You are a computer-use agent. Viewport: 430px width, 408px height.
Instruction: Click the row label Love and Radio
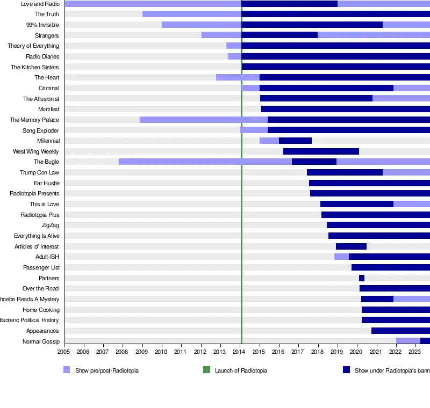(40, 4)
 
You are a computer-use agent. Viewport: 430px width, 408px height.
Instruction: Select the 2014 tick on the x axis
(239, 352)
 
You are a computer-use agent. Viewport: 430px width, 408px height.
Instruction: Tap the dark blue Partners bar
(362, 278)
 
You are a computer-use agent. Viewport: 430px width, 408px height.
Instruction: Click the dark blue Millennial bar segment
(295, 141)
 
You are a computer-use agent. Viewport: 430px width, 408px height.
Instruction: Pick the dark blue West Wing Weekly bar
(321, 151)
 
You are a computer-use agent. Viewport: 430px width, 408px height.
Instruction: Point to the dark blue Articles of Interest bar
(351, 246)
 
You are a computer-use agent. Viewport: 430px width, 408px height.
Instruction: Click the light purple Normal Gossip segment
(408, 341)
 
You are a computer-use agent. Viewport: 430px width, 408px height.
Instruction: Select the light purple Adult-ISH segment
(341, 257)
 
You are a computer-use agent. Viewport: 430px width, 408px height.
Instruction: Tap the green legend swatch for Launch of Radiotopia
(206, 370)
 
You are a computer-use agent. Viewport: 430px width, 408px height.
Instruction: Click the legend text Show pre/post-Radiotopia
(107, 370)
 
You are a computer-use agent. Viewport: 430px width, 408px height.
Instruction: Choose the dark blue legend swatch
(346, 370)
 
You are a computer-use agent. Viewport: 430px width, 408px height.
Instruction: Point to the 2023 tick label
(414, 352)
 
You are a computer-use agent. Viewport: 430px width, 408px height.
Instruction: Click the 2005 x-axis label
(64, 352)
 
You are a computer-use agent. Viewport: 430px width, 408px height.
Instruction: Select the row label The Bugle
(46, 162)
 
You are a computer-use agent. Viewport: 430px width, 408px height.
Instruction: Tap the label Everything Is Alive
(37, 236)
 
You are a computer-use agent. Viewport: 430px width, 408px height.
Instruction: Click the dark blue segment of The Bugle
(314, 162)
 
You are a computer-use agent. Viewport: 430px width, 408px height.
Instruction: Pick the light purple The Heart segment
(238, 77)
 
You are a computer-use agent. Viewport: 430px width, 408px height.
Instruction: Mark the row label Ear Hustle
(46, 183)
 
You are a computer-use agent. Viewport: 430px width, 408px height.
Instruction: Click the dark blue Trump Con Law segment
(345, 172)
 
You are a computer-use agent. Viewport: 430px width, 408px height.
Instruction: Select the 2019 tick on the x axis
(336, 352)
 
